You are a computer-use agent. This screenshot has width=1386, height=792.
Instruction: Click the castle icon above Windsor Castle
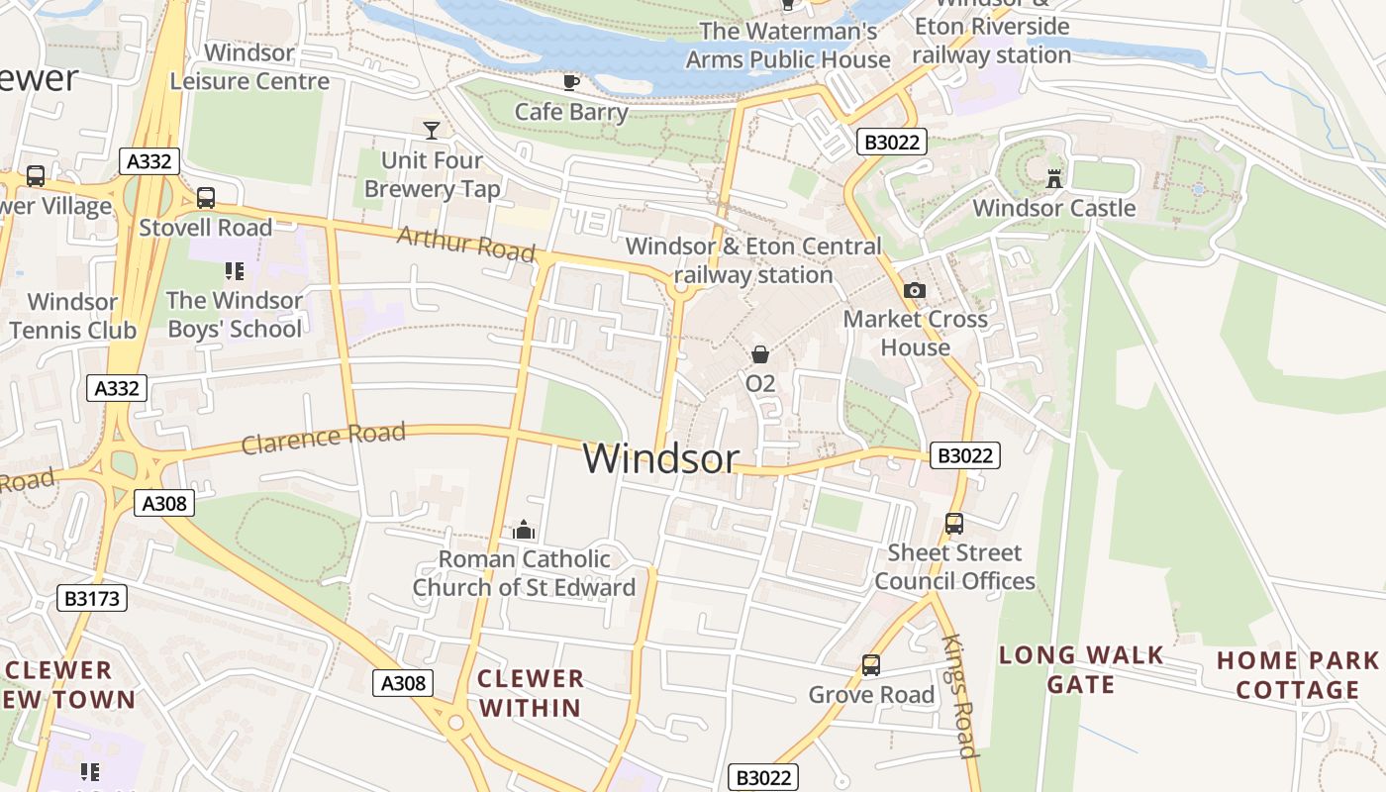(1053, 179)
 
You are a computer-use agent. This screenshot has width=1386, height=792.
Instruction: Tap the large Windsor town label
(660, 458)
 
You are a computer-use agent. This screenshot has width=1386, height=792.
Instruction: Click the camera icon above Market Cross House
(915, 290)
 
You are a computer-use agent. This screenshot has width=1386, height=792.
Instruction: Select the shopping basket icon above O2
(759, 354)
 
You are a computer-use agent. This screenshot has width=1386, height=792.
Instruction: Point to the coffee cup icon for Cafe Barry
(571, 82)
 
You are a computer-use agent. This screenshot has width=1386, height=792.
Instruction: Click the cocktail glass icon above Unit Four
(432, 130)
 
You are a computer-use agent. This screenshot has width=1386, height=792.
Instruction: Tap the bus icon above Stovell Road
(205, 198)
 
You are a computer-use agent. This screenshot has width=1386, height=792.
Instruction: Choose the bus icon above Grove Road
(870, 665)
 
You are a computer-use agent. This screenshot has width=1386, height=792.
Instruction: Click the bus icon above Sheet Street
(953, 524)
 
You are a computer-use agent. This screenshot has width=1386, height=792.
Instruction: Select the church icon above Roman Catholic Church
(524, 531)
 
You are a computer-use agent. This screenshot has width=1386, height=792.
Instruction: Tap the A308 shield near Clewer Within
(403, 682)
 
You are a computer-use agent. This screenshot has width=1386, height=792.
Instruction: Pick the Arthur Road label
(465, 243)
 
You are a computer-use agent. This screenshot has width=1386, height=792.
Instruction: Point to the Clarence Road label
(324, 438)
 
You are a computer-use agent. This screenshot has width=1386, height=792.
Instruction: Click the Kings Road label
(957, 696)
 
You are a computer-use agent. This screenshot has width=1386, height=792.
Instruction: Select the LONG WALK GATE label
(1081, 669)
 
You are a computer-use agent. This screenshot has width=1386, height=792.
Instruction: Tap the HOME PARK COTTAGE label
(1297, 675)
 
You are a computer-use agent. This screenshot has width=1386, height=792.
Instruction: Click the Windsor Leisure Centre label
(249, 66)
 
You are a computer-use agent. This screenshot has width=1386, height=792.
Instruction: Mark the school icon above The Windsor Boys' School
(234, 270)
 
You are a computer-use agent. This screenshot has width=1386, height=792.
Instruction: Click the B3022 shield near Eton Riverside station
(891, 143)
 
